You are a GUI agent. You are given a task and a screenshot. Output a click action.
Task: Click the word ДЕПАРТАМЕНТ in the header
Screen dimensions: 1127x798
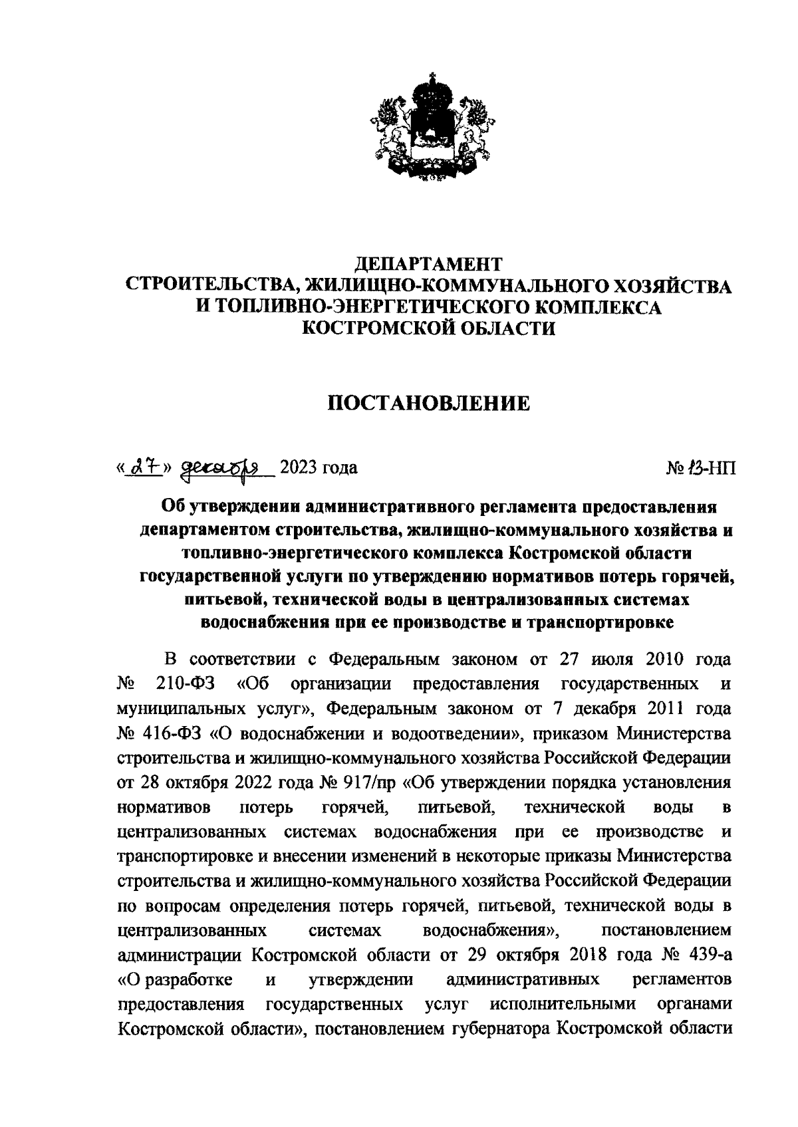[428, 264]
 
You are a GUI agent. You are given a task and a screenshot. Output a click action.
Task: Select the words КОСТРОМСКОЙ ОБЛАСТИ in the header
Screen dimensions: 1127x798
[428, 328]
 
